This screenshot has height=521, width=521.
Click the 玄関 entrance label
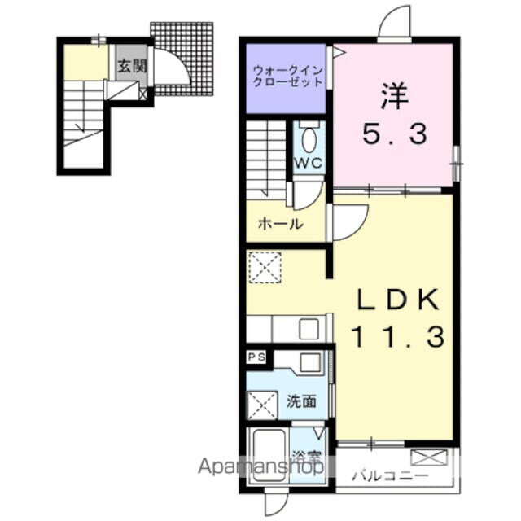click(132, 67)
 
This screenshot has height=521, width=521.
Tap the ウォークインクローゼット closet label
click(287, 76)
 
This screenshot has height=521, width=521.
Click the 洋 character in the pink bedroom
click(395, 96)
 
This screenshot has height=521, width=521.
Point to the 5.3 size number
click(395, 134)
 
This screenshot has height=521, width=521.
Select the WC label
click(309, 163)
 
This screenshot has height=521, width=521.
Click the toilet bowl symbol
click(309, 140)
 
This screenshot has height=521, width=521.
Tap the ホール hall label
click(281, 224)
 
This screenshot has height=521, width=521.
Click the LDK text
click(397, 300)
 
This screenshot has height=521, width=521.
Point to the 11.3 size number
click(397, 336)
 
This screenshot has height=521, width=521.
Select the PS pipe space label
click(257, 357)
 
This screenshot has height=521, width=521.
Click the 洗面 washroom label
click(302, 401)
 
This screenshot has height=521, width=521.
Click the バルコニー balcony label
click(390, 476)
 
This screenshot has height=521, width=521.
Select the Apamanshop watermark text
click(260, 466)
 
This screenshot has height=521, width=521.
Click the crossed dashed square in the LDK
click(265, 268)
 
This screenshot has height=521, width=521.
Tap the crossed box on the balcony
click(429, 458)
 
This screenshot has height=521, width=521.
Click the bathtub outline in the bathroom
click(269, 456)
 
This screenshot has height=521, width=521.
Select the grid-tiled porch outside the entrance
click(182, 59)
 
